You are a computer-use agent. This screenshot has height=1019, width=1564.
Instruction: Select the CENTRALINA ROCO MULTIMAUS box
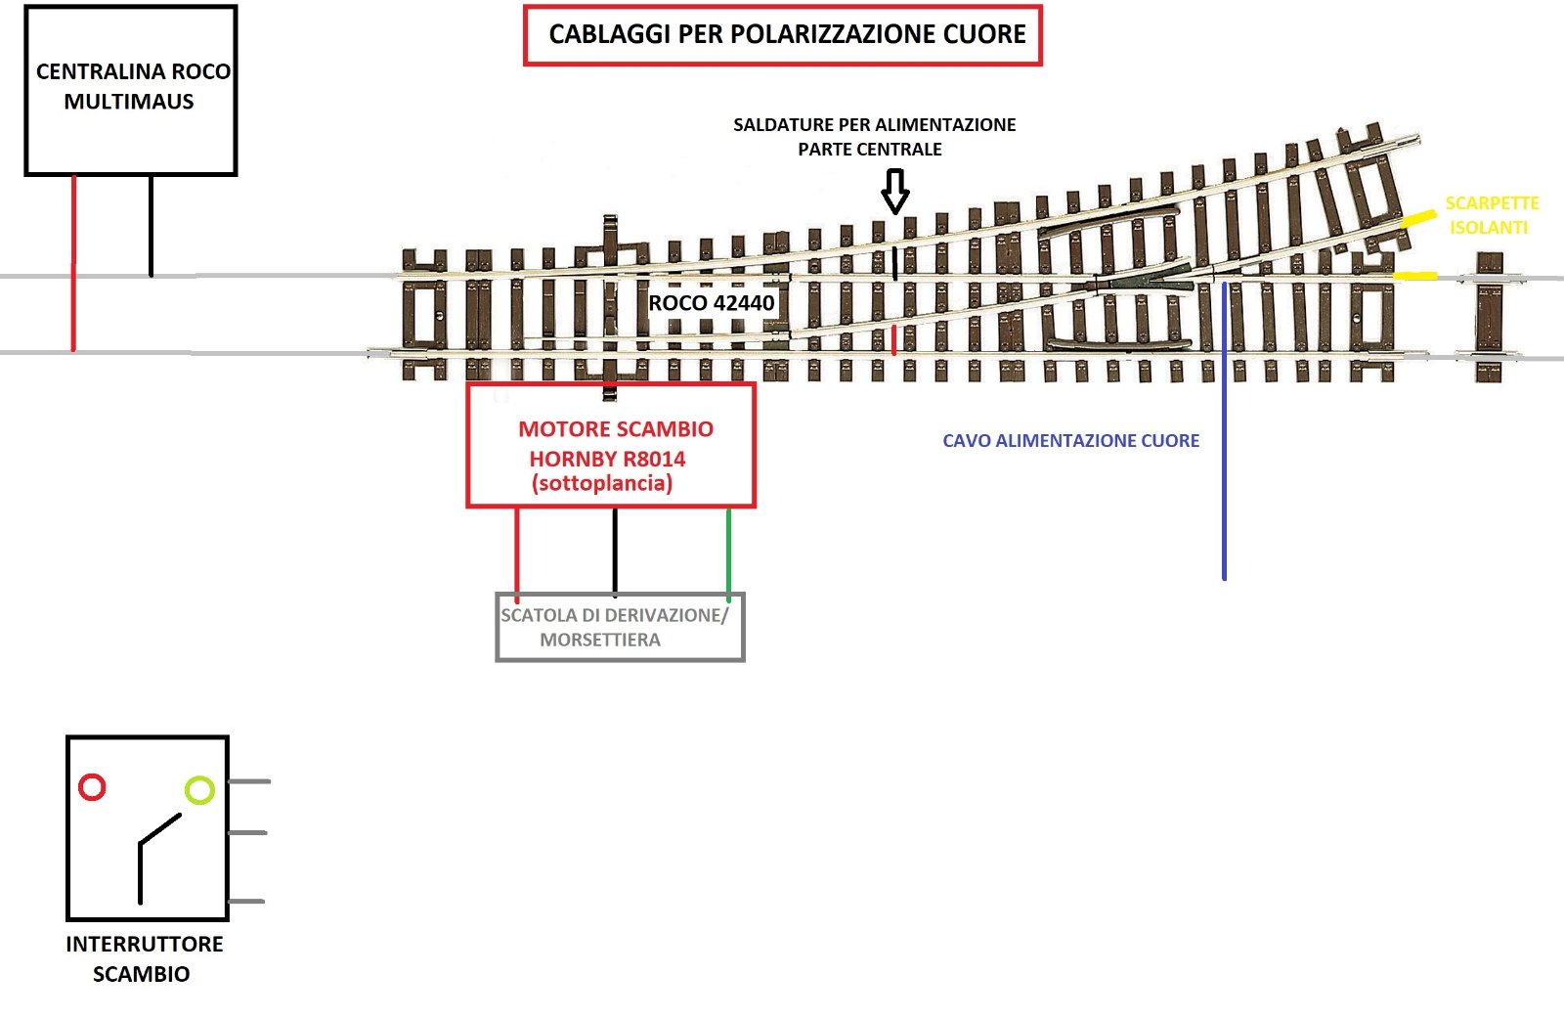click(131, 90)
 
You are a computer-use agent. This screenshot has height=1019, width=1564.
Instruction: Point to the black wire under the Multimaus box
click(151, 226)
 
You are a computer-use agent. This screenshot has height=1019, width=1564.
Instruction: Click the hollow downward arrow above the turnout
click(895, 191)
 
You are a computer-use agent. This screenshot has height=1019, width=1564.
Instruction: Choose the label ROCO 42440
click(712, 303)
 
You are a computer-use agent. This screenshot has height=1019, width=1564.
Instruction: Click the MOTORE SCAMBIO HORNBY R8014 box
click(612, 446)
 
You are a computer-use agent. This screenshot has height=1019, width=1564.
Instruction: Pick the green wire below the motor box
click(728, 553)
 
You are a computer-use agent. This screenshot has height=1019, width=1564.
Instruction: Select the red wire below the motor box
click(517, 553)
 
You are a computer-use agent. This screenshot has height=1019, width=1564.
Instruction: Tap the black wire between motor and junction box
click(615, 551)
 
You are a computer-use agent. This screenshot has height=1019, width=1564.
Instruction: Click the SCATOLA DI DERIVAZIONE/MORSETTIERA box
click(620, 628)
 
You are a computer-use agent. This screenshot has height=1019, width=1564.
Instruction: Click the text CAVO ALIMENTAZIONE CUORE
click(1070, 441)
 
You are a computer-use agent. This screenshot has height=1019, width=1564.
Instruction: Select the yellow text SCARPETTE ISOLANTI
click(1491, 215)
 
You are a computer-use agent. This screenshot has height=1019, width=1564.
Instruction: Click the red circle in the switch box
click(92, 787)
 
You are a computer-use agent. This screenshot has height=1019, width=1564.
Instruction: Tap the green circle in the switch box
click(199, 790)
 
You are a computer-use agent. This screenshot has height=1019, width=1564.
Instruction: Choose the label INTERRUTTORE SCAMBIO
click(144, 958)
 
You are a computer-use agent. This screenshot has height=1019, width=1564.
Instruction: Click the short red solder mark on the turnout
click(893, 339)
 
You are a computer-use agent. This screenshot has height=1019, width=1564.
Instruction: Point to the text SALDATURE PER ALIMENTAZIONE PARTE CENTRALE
click(874, 137)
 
